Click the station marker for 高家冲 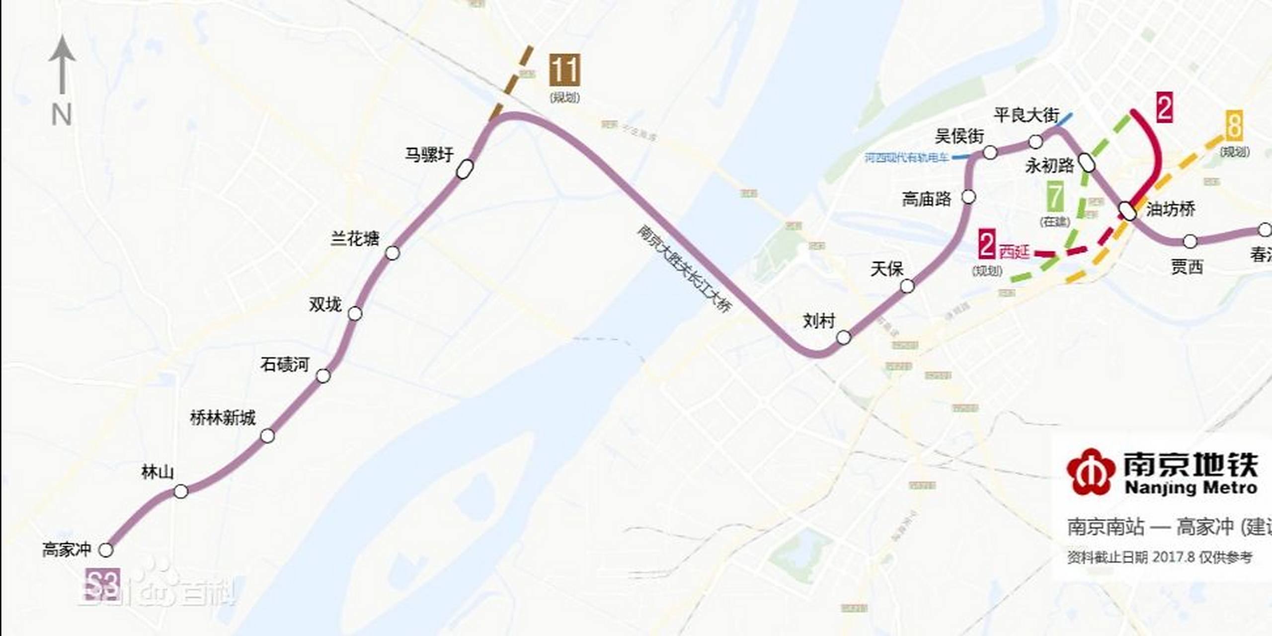pos(106,550)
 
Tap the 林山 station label pos(158,472)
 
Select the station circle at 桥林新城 pos(267,436)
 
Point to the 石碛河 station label pos(285,365)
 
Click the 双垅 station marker pos(355,314)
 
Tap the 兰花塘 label pos(355,239)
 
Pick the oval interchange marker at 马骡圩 pos(465,169)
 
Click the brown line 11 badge pos(564,71)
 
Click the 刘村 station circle pos(844,338)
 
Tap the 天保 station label pos(886,269)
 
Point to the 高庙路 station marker pos(968,197)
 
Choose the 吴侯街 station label pos(959,136)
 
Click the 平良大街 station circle pos(1035,142)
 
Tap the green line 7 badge pos(1055,197)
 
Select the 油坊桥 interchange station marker pos(1128,211)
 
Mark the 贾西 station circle pos(1190,241)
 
